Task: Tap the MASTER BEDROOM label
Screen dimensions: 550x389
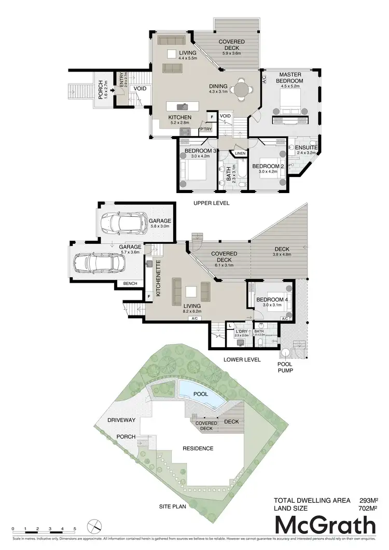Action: point(289,78)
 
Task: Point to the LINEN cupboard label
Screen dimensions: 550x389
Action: point(240,154)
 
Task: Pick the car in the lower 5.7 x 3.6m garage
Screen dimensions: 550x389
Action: point(99,263)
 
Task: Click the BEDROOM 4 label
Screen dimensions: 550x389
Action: point(271,300)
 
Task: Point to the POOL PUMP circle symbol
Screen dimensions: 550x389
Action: point(287,353)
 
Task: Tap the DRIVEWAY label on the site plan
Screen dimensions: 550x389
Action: point(121,419)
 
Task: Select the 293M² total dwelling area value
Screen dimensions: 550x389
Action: point(367,501)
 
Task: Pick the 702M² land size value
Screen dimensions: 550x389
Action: point(367,509)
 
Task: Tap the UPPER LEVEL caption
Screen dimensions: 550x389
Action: point(212,203)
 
